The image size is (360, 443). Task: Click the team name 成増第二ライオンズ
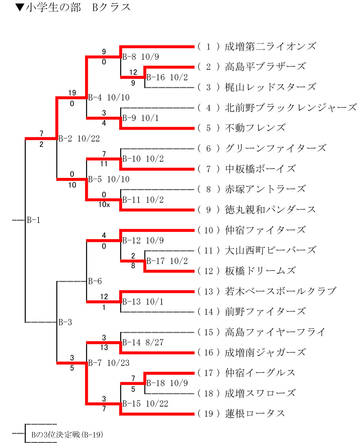(x=270, y=46)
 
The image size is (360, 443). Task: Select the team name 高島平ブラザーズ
(x=265, y=67)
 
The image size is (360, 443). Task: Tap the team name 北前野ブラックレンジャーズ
(x=291, y=107)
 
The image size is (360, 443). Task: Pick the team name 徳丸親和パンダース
(x=270, y=209)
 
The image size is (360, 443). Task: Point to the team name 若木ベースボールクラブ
(x=280, y=291)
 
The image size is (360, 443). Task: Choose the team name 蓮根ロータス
(x=255, y=413)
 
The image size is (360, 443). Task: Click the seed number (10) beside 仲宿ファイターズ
(x=208, y=230)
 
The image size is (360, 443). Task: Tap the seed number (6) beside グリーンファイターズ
(x=208, y=148)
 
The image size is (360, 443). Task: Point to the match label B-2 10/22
(x=79, y=138)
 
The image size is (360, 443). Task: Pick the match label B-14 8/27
(x=143, y=343)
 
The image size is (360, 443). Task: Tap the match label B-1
(x=33, y=220)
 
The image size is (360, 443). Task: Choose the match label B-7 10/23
(x=109, y=363)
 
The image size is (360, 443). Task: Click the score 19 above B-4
(x=72, y=93)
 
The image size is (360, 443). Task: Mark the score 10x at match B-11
(x=104, y=205)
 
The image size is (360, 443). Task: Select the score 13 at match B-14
(x=104, y=348)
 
